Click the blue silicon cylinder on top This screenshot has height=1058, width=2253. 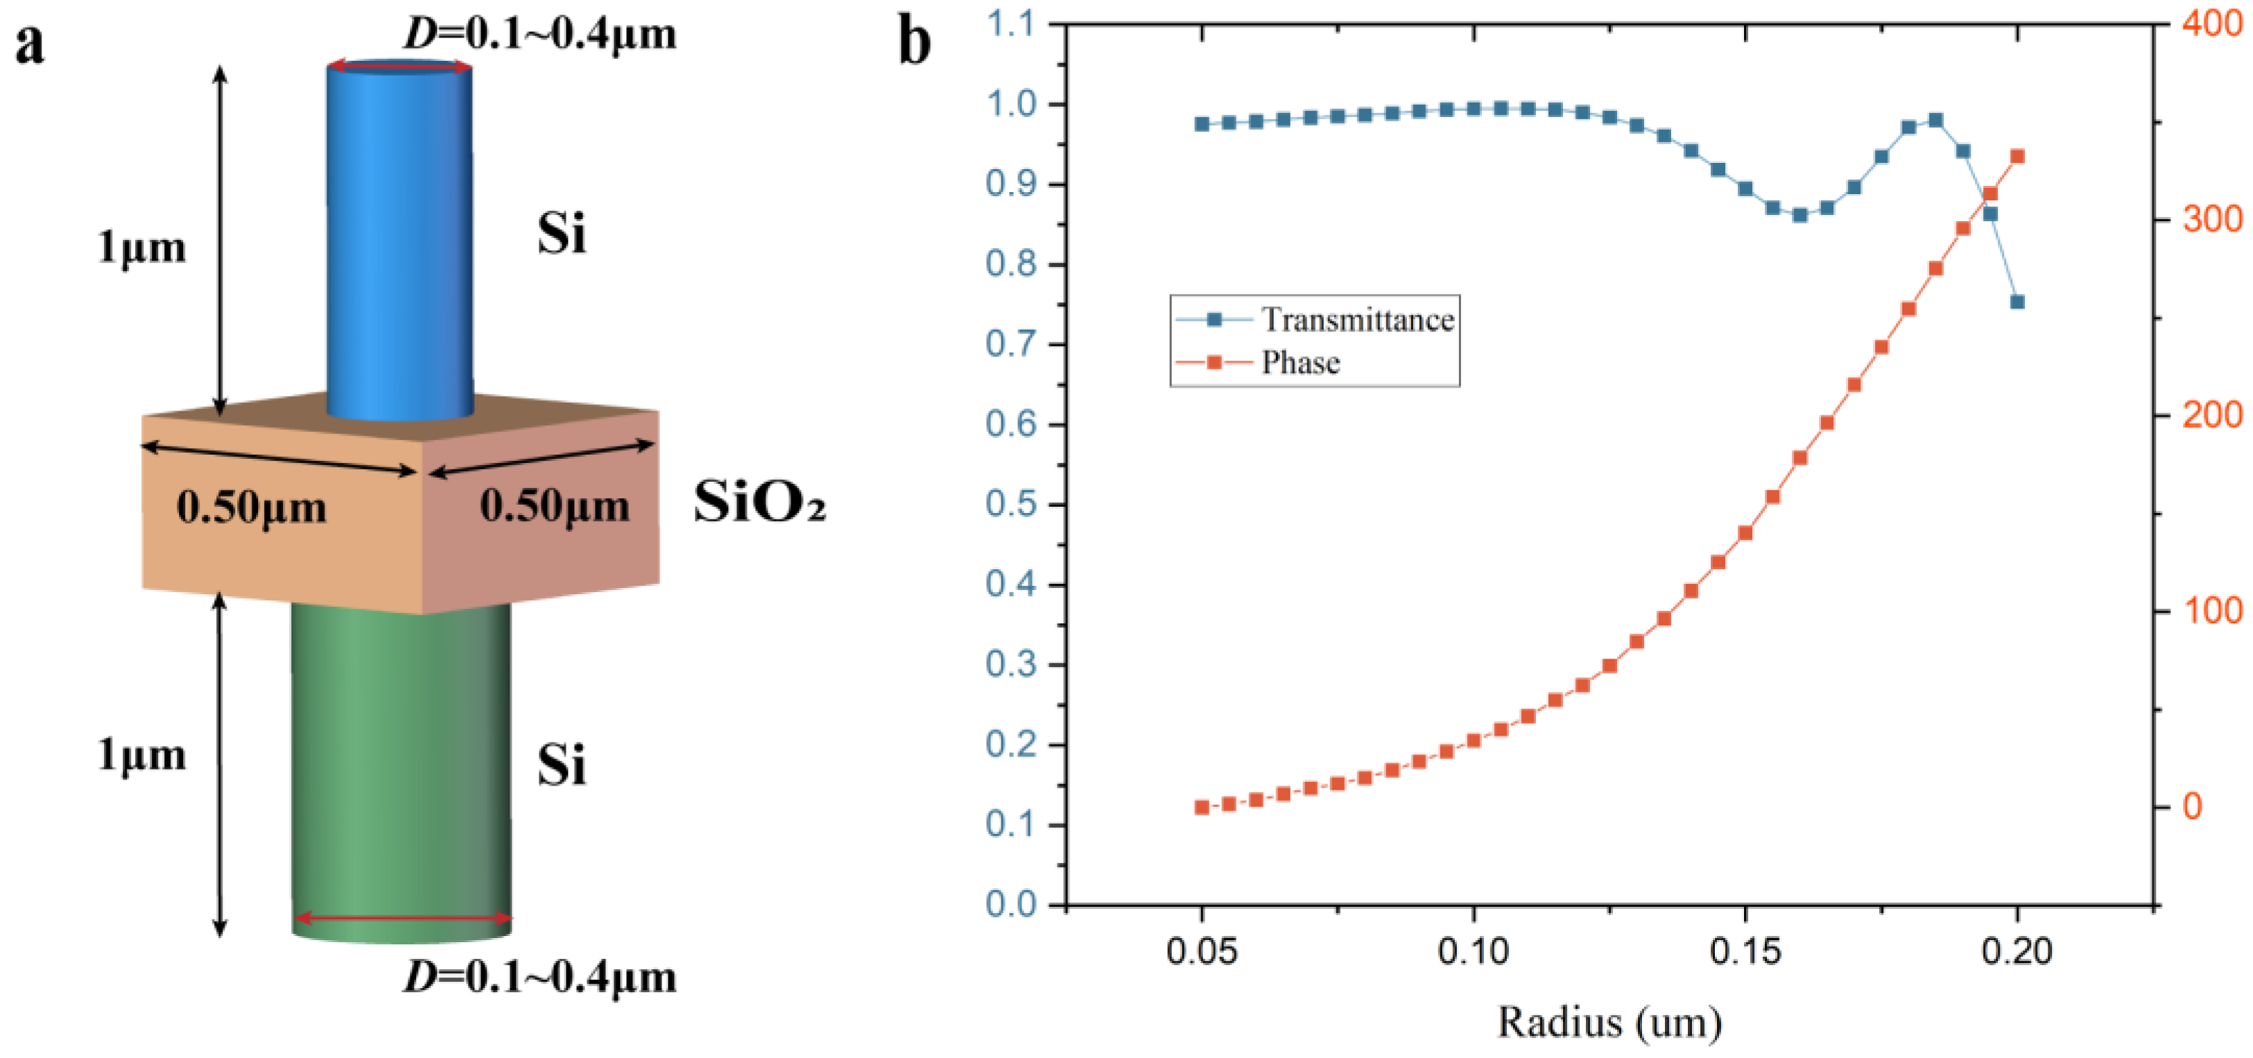point(399,236)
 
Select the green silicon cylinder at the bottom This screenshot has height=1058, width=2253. point(401,770)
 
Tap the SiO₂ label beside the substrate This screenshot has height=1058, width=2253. point(759,503)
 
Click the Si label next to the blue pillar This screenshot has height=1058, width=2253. point(560,234)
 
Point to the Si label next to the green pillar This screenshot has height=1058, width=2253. point(560,765)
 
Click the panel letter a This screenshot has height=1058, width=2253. point(30,44)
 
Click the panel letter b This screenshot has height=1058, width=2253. point(915,44)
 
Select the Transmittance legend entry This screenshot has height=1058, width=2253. point(1356,320)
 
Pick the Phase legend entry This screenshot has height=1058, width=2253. point(1300,362)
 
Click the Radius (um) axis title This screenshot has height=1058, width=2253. point(1609,1021)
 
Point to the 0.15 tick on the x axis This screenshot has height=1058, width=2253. point(1745,951)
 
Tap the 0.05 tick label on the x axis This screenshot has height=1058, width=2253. point(1202,951)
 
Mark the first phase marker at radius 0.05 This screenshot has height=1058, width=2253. point(1202,807)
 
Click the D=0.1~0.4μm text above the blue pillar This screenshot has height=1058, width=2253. point(539,33)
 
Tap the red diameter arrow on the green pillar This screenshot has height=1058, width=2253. point(402,917)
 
